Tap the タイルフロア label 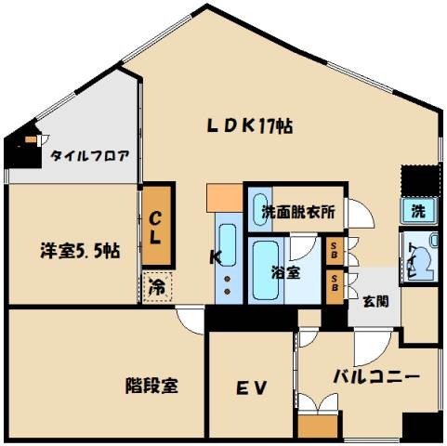click(x=89, y=155)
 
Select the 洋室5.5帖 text click(x=79, y=250)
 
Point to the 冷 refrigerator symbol click(x=154, y=287)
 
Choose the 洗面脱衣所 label click(x=298, y=212)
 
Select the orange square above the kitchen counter click(x=224, y=197)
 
